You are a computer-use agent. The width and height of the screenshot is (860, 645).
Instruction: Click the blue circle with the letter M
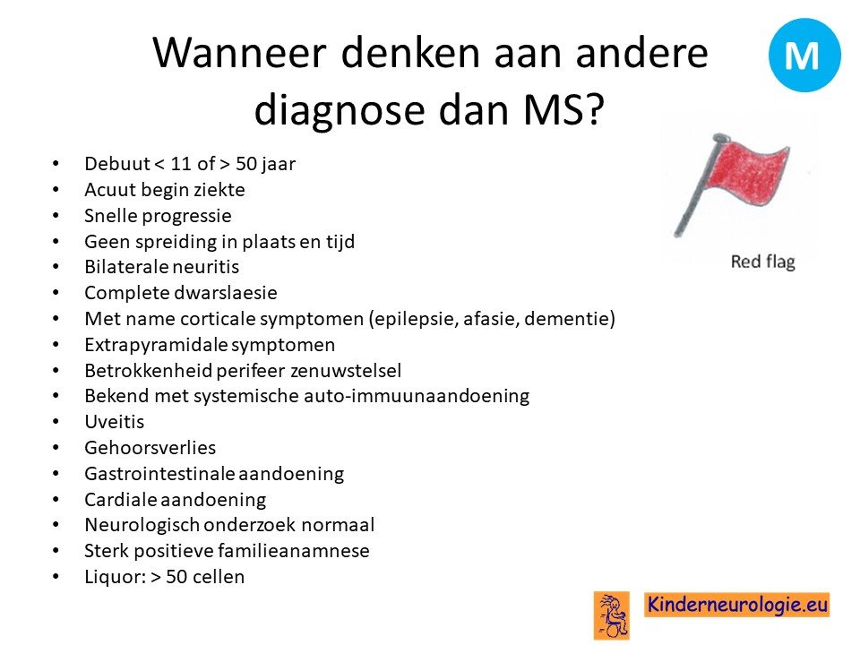point(804,55)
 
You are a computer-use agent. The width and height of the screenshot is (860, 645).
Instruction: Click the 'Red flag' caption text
point(762,262)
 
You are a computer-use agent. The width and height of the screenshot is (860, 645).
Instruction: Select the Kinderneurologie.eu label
point(737,605)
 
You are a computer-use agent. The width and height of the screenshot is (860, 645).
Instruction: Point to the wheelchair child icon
point(612,615)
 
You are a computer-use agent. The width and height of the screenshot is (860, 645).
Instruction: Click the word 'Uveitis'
point(114,422)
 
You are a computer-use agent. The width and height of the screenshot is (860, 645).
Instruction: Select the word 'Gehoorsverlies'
point(150,448)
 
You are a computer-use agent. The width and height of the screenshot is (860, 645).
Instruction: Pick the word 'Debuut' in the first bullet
point(116,163)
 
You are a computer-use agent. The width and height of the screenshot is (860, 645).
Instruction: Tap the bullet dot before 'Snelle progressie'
point(56,216)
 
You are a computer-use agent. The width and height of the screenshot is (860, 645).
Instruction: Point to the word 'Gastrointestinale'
point(159,474)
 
